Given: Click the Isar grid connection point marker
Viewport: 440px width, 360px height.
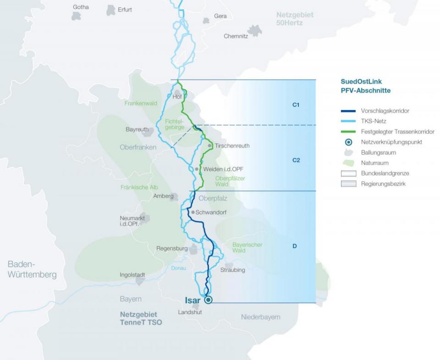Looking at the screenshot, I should click(x=209, y=300).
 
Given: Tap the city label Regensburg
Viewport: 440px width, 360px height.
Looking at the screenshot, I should click(x=172, y=249).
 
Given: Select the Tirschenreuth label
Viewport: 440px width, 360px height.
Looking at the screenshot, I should click(x=232, y=146).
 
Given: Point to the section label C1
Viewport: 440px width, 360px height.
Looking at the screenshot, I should click(x=296, y=105).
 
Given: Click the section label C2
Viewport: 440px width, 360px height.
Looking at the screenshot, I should click(x=296, y=160).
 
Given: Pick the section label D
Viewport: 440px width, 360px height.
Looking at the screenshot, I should click(x=295, y=246).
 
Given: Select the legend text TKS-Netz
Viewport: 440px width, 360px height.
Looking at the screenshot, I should click(x=374, y=122).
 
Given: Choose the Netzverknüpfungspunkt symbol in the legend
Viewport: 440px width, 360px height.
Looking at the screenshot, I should click(x=348, y=142).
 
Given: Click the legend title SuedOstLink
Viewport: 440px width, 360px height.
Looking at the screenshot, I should click(x=361, y=82).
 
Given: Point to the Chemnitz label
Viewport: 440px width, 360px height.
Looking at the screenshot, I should click(x=236, y=36).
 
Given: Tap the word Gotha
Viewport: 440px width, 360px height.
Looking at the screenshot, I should click(x=81, y=7).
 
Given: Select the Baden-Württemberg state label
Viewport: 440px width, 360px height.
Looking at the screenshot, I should click(x=32, y=270).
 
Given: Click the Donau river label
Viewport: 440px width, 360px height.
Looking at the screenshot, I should click(x=179, y=268).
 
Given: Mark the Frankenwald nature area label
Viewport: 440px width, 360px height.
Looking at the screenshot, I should click(x=141, y=104).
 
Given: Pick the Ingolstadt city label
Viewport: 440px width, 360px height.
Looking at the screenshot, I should click(x=132, y=275).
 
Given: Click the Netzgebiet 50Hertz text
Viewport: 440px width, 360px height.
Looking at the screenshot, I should click(x=295, y=19).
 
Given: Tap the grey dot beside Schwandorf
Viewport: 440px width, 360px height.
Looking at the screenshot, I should click(x=193, y=212).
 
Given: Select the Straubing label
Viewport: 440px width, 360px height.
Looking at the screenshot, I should click(x=232, y=270).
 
